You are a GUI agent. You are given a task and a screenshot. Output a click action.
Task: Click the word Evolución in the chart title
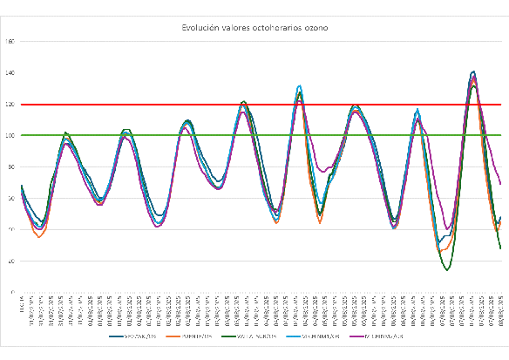[x=202, y=28]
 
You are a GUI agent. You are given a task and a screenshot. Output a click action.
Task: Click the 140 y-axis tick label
[x=10, y=73]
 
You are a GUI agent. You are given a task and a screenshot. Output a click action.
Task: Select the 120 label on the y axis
[x=10, y=105]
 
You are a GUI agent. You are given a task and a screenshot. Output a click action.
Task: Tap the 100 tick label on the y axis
[x=10, y=136]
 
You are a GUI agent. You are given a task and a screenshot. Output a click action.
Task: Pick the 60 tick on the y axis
[x=10, y=199]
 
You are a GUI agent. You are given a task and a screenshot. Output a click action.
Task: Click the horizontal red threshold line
[x=261, y=105]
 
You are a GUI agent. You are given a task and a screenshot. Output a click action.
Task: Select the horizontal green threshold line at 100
[x=261, y=135]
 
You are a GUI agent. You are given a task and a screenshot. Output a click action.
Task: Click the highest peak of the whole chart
[x=473, y=71]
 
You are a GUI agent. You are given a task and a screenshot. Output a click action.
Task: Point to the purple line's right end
[x=501, y=184]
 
